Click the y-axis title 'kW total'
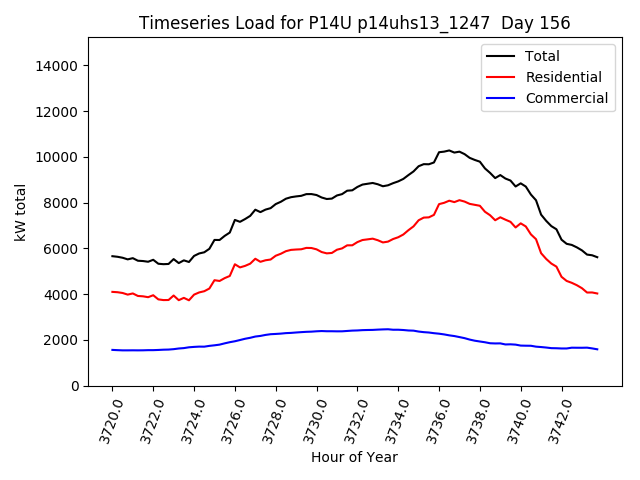click(20, 212)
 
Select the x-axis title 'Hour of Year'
click(354, 457)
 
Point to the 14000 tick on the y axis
click(59, 66)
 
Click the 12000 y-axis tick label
click(59, 112)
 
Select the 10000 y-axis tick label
click(59, 157)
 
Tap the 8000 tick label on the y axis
click(62, 203)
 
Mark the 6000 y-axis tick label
click(62, 249)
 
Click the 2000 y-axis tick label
click(62, 340)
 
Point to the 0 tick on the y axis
click(75, 386)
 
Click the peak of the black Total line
click(449, 150)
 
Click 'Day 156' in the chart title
click(535, 23)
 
